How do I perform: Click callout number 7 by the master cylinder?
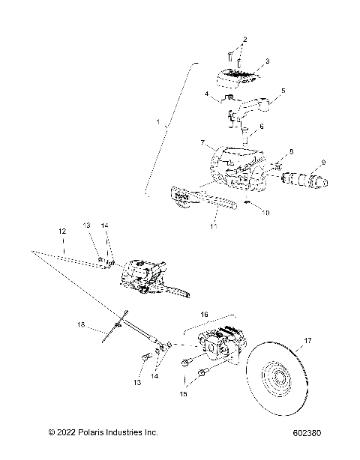click(202, 141)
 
